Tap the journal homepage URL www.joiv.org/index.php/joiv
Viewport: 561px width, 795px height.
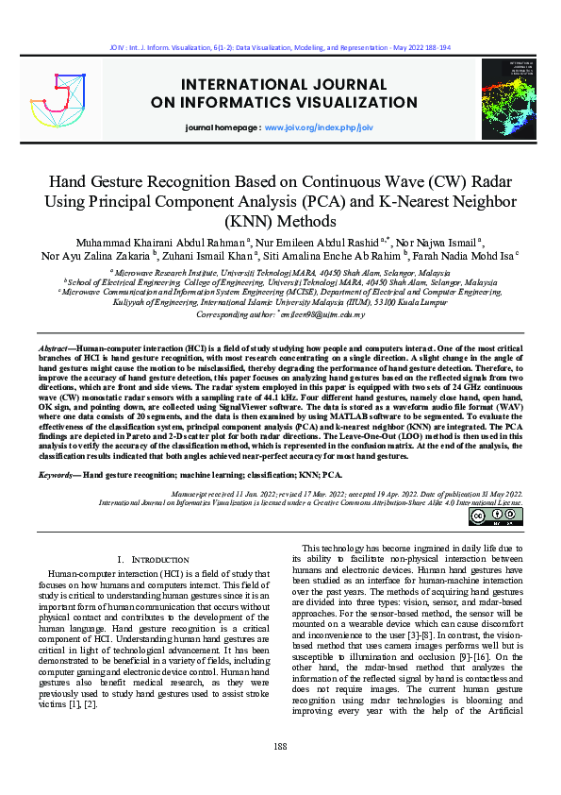(x=319, y=127)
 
